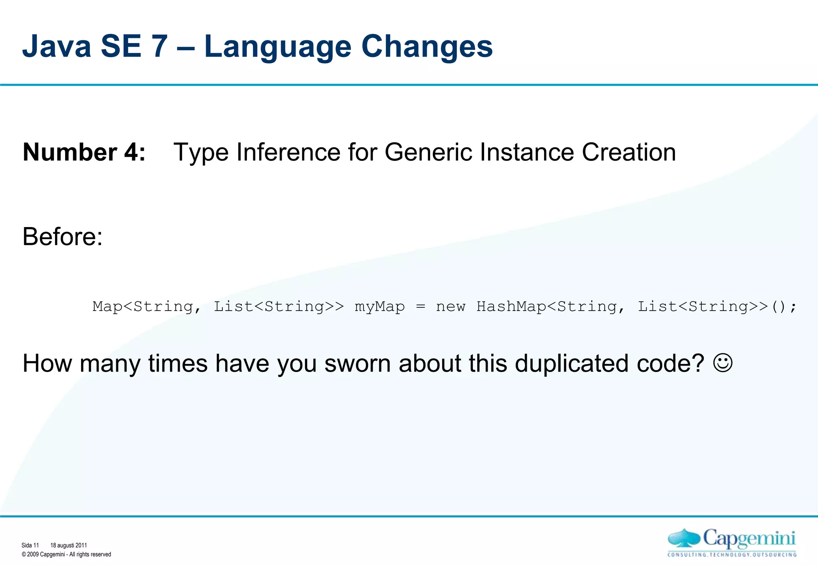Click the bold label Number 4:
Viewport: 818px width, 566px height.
(84, 152)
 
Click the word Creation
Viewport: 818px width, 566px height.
(629, 152)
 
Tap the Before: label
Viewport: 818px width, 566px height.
(63, 237)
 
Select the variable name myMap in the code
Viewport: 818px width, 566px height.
(379, 307)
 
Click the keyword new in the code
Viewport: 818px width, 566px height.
(451, 307)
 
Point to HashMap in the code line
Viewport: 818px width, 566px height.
(511, 307)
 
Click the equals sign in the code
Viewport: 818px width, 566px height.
(421, 307)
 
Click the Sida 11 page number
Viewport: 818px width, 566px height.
(30, 545)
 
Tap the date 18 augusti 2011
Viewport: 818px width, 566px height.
(68, 545)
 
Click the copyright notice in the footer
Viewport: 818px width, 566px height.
(66, 554)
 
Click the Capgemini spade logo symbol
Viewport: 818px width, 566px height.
(683, 538)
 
